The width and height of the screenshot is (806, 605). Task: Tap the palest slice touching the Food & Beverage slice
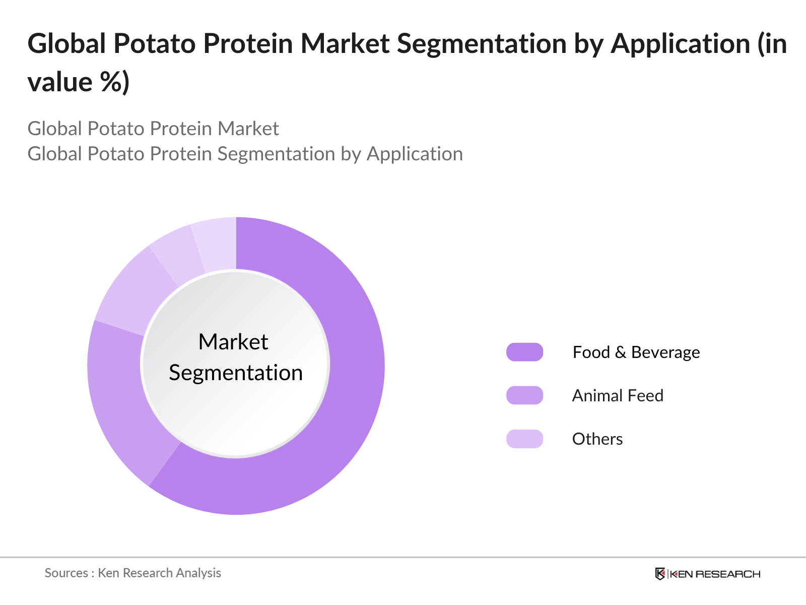click(x=217, y=243)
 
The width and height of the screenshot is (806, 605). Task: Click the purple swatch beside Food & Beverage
click(x=524, y=352)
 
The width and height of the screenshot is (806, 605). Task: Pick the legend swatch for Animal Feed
click(x=524, y=395)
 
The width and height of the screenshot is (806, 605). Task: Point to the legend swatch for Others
click(x=524, y=439)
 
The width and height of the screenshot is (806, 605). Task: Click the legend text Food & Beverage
click(x=636, y=352)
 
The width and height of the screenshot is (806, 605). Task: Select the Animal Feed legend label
click(x=618, y=396)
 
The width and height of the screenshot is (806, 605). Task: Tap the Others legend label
click(x=597, y=439)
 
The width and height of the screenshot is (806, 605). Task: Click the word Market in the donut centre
click(x=233, y=342)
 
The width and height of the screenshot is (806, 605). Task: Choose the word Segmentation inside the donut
click(x=236, y=373)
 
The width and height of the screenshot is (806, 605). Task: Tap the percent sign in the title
click(x=111, y=82)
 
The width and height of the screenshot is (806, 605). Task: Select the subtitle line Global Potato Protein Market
click(x=153, y=129)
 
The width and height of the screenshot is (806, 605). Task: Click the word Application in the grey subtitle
click(x=415, y=154)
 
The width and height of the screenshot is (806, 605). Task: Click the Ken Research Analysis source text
click(x=159, y=573)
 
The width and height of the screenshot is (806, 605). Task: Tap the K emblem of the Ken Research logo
click(x=660, y=574)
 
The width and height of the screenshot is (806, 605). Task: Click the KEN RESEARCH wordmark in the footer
click(x=715, y=574)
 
